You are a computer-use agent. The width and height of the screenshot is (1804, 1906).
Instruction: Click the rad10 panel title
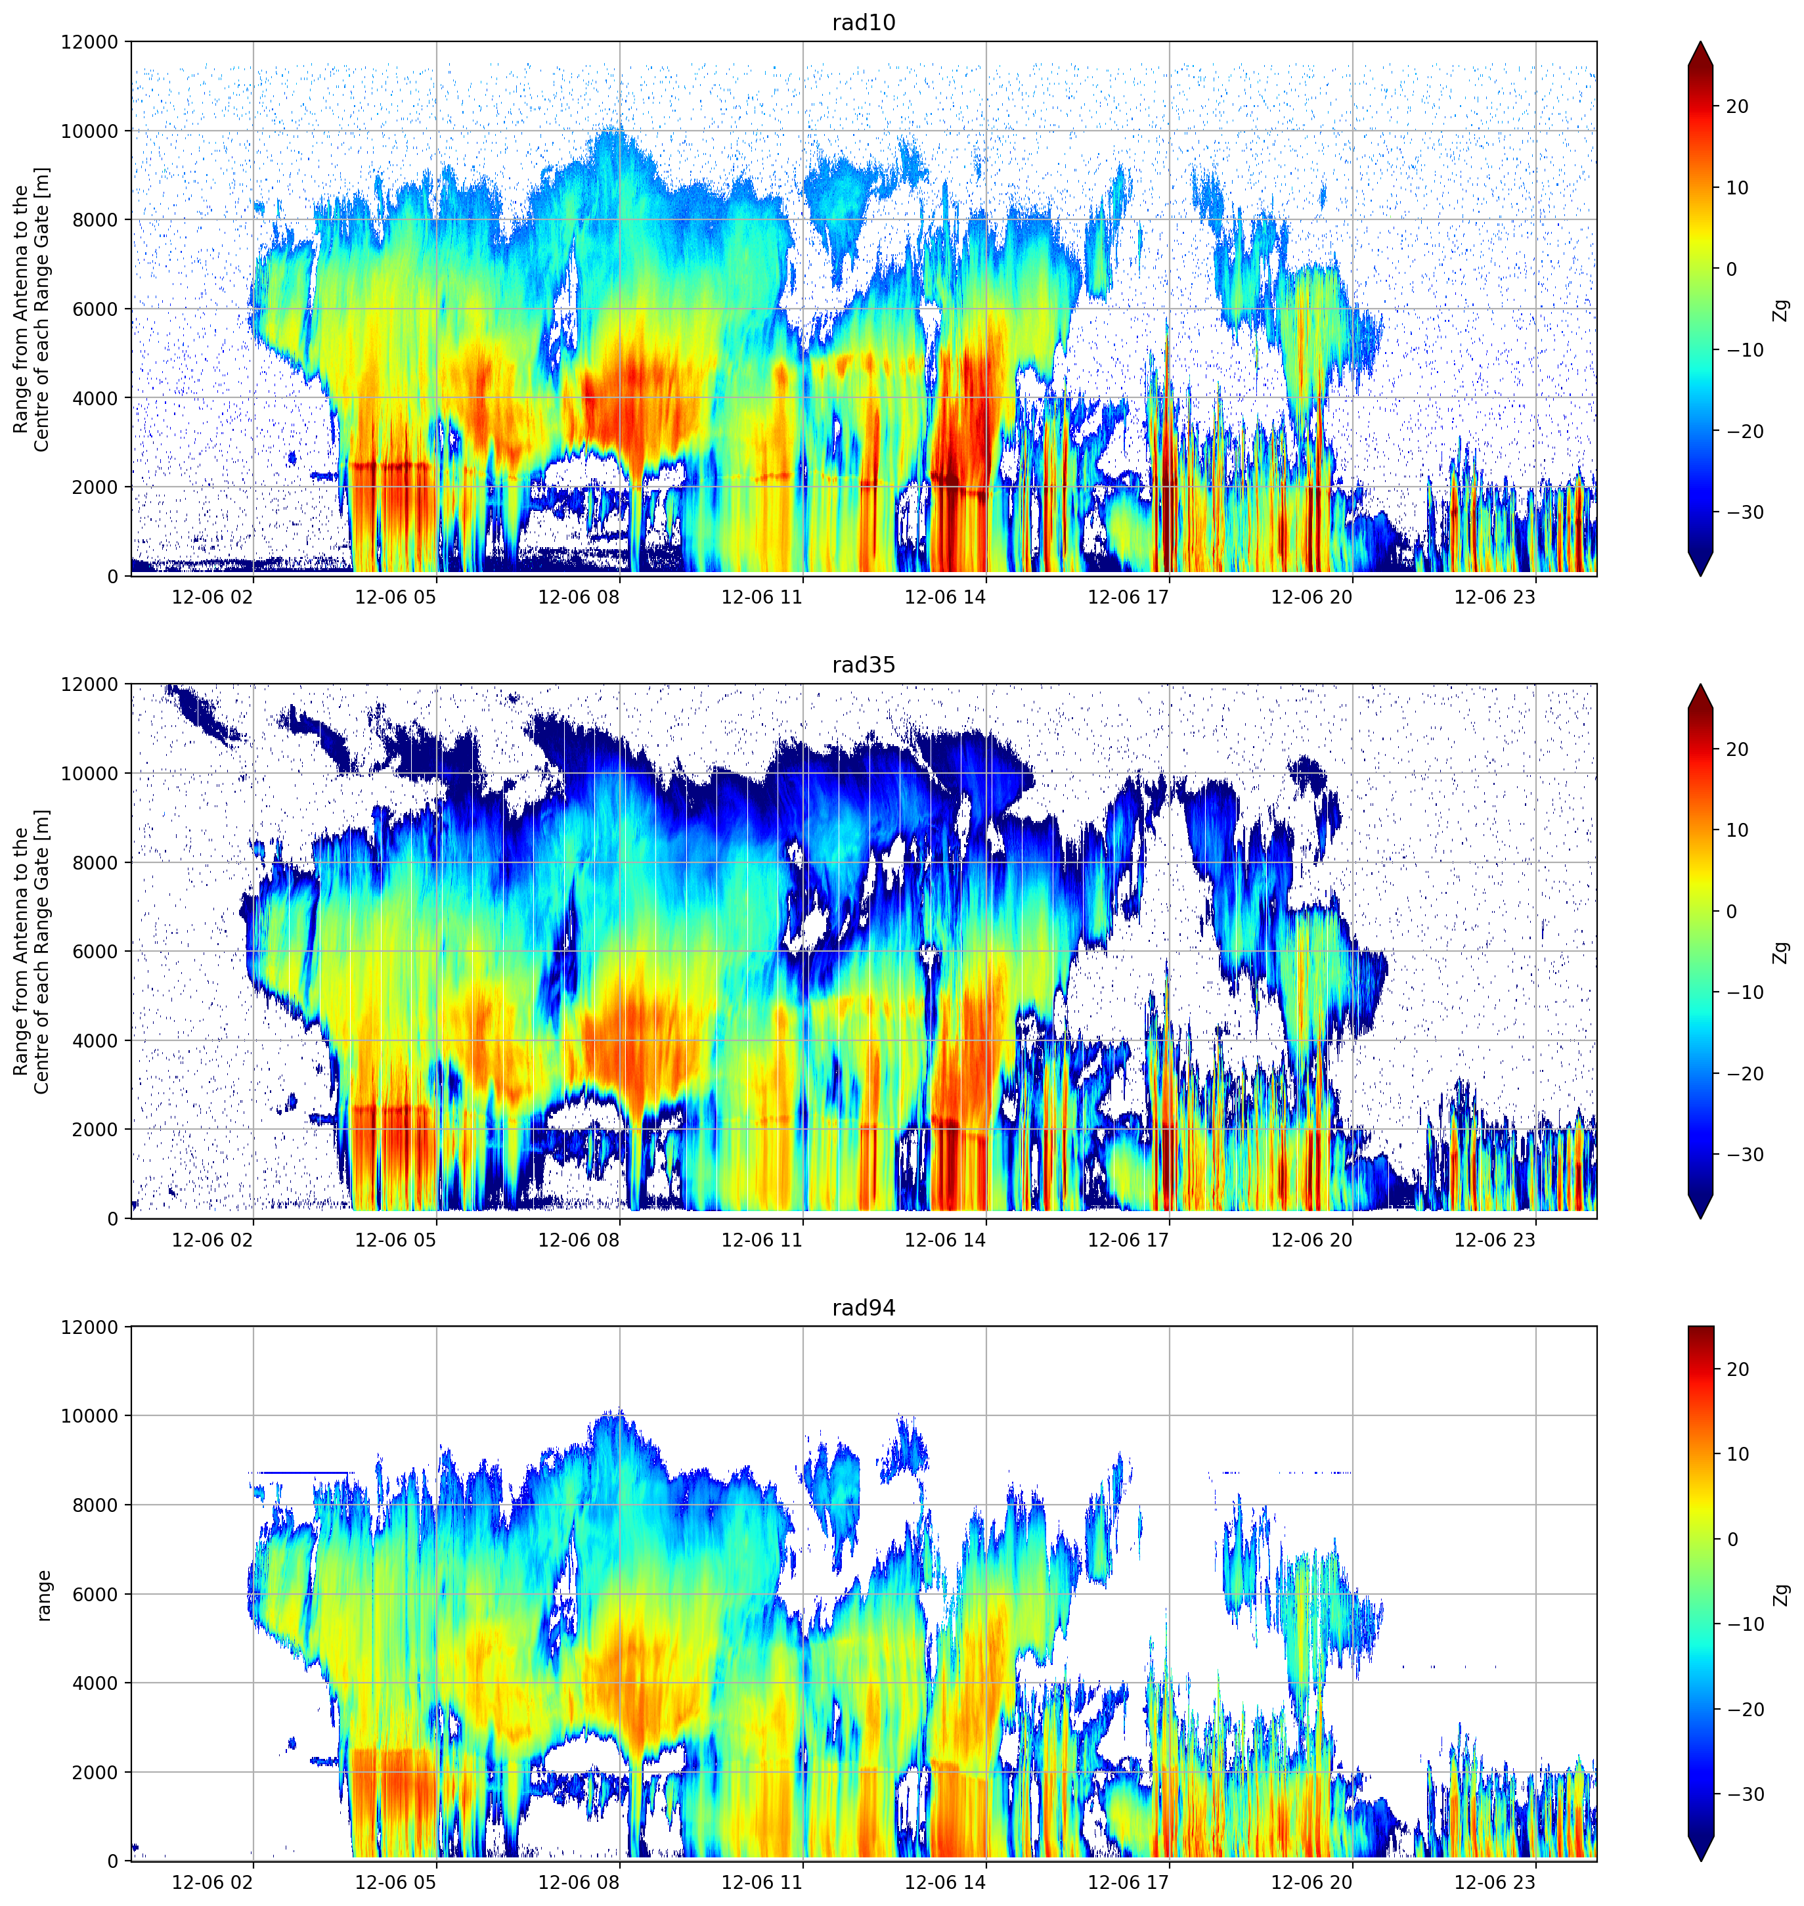864,23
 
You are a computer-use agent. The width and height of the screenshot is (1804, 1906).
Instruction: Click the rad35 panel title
864,665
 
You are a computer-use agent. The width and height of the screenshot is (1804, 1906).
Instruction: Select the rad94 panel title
864,1308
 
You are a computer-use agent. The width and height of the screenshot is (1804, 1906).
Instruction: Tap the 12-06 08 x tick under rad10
578,596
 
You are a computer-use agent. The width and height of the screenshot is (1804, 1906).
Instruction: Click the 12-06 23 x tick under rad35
1495,1239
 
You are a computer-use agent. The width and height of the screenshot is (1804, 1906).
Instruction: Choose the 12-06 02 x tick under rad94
211,1882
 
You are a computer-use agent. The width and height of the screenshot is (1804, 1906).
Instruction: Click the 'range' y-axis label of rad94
43,1595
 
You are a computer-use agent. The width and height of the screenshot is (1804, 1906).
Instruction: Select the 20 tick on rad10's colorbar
1736,107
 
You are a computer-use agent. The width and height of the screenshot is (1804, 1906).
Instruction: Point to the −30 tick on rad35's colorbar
1744,1155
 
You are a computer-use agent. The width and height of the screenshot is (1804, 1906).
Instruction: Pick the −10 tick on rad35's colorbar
1744,992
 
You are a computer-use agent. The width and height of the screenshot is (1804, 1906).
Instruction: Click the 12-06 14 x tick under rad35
945,1239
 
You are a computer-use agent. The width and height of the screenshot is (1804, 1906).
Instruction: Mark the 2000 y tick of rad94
95,1772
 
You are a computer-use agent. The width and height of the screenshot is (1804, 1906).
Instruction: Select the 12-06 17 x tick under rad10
1128,596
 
